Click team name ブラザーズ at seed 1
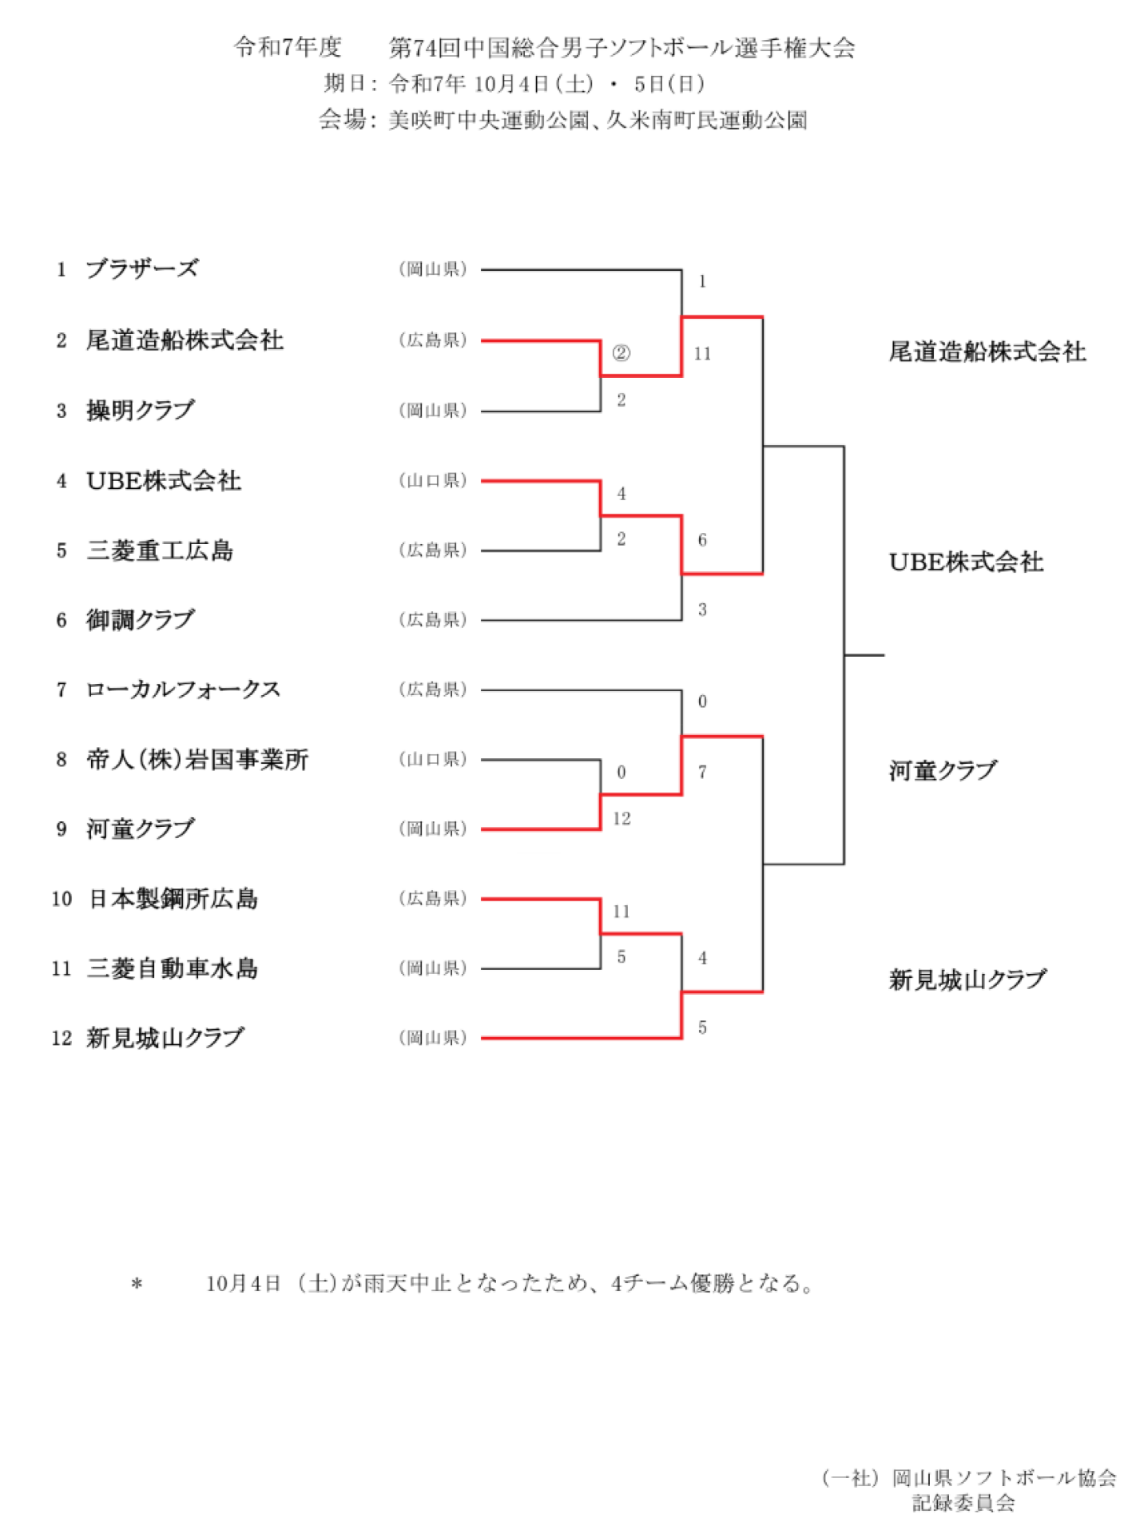point(142,269)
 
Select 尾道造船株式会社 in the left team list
point(185,340)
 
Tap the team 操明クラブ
point(141,411)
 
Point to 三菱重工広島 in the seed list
point(160,550)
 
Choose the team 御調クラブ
point(141,620)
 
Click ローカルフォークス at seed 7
point(183,690)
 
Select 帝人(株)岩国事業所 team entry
point(197,760)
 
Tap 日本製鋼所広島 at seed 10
point(173,899)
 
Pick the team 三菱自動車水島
point(173,969)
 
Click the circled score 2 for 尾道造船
point(621,353)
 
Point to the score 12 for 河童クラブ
point(622,818)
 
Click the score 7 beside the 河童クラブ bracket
point(702,772)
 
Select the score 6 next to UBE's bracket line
point(702,540)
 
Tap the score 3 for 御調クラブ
point(702,610)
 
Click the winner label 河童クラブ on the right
point(943,771)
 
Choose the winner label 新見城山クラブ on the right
point(967,980)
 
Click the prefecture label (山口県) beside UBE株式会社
point(432,480)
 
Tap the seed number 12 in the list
point(62,1039)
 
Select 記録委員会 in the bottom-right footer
point(963,1504)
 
